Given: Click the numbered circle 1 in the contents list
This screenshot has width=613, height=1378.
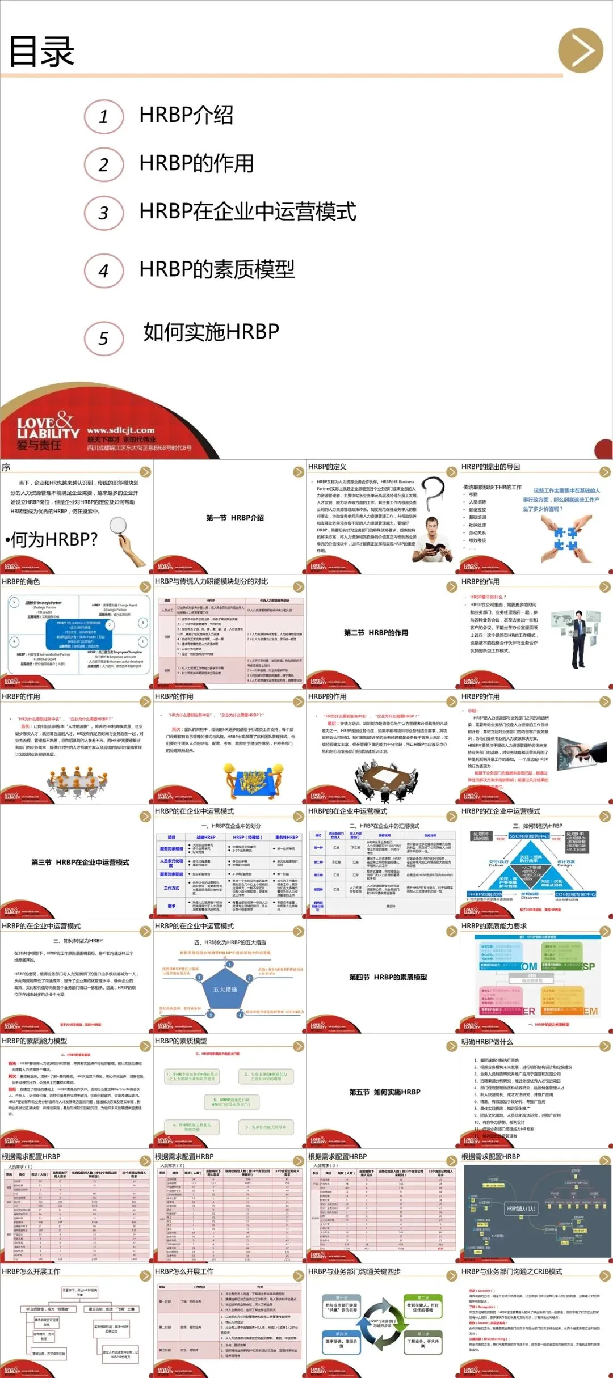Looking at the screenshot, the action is tap(104, 117).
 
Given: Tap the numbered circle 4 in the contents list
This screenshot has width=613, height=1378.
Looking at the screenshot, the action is tap(104, 271).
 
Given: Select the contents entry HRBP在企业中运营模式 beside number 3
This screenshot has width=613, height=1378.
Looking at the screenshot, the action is tap(247, 212).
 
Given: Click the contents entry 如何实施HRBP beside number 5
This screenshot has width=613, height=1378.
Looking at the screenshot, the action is tap(211, 332).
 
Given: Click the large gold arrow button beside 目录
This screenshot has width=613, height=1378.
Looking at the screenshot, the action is tap(580, 51).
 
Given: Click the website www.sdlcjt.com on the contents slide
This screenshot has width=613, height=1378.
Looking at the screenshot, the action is tap(120, 430).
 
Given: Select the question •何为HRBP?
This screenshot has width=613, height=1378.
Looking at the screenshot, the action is tap(52, 539).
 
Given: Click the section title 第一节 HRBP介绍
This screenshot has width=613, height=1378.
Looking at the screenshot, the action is tap(235, 518).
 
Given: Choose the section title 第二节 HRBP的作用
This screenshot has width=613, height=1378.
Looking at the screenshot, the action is tap(376, 633).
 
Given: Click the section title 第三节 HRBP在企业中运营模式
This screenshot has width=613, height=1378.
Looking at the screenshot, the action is tap(80, 863).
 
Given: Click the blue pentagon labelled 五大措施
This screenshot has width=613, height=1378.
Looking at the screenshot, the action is tap(225, 990).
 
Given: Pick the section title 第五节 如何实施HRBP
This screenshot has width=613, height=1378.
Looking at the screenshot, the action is tap(385, 1092).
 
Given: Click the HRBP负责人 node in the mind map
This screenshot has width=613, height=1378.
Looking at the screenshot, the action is tap(520, 1208).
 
